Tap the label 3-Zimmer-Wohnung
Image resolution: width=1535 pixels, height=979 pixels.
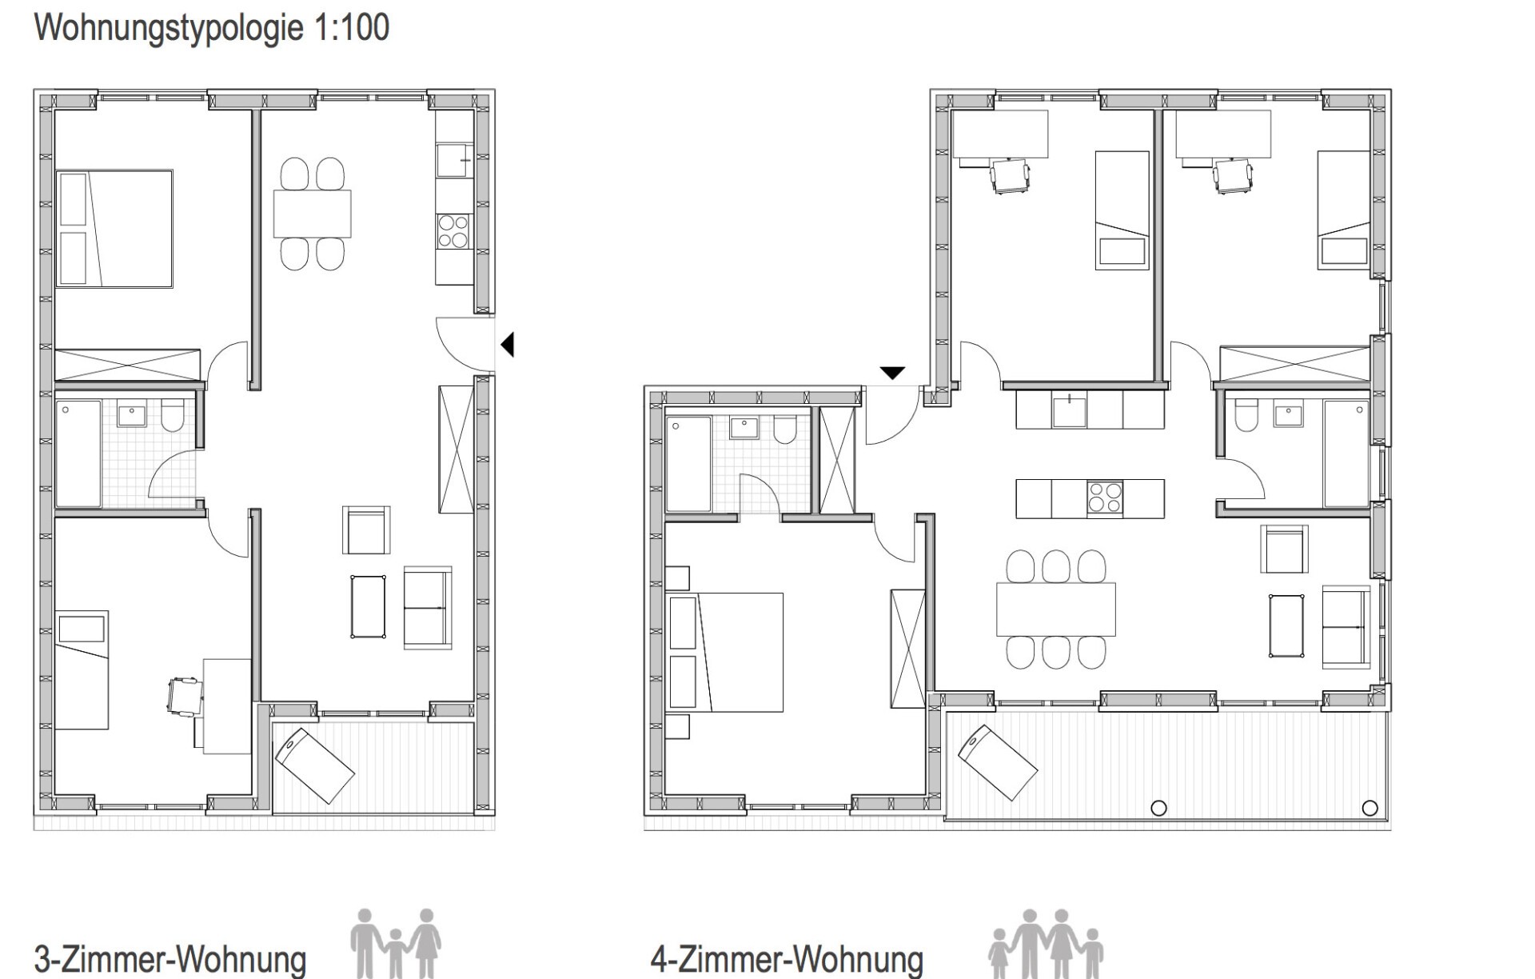click(170, 959)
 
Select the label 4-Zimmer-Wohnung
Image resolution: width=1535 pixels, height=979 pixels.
click(787, 959)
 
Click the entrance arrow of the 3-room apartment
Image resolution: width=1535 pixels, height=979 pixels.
click(507, 345)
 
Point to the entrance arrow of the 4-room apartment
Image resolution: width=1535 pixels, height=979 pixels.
click(892, 373)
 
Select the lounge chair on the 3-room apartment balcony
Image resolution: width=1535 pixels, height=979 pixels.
click(314, 765)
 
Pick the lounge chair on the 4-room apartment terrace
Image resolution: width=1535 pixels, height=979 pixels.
click(998, 762)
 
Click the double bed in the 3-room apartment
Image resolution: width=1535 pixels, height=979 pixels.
click(114, 228)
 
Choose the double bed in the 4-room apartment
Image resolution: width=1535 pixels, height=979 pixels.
click(724, 652)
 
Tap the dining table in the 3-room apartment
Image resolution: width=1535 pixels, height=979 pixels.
click(313, 214)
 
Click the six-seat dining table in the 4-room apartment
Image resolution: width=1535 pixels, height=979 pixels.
click(1056, 609)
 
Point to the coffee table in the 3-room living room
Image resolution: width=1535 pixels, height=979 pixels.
click(368, 606)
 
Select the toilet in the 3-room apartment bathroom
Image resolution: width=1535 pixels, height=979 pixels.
click(173, 416)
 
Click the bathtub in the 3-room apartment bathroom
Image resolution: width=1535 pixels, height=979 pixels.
click(78, 454)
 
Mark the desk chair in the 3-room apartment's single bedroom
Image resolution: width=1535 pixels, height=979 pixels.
click(184, 695)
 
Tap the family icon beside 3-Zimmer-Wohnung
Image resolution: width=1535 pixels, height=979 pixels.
click(396, 942)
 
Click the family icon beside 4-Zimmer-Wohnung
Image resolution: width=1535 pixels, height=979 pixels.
click(1046, 944)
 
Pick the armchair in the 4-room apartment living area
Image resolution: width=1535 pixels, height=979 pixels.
click(1284, 549)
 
